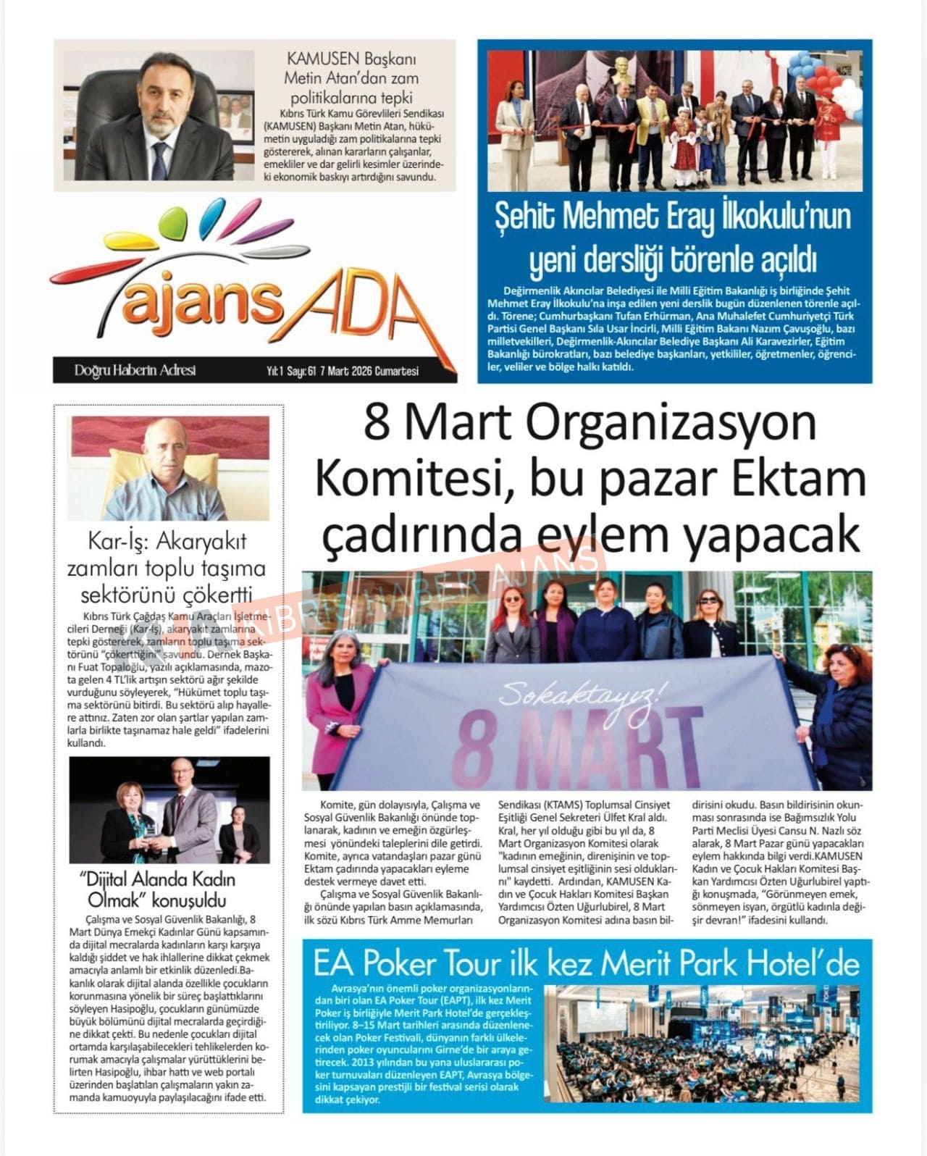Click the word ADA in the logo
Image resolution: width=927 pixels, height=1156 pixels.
366,313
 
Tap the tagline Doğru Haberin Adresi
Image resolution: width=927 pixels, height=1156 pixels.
135,371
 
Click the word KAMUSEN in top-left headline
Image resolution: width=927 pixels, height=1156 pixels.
324,59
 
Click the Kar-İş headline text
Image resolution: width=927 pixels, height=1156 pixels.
167,568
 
